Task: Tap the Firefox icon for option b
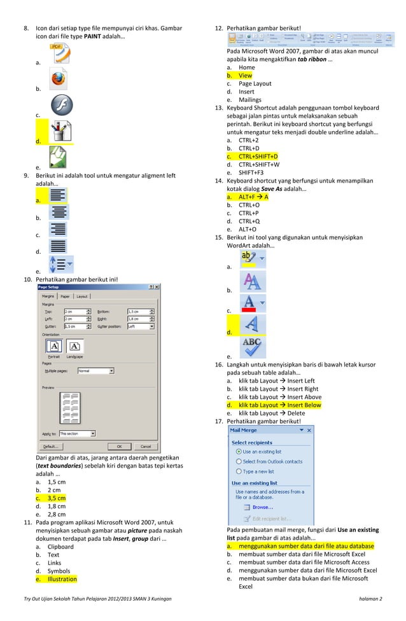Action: pyautogui.click(x=58, y=80)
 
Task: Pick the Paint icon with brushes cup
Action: pyautogui.click(x=60, y=132)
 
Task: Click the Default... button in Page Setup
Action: pyautogui.click(x=52, y=446)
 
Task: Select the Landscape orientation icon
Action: pyautogui.click(x=74, y=346)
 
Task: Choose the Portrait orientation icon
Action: pyautogui.click(x=54, y=346)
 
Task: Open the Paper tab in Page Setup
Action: pyautogui.click(x=66, y=297)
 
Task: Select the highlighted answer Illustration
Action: pyautogui.click(x=62, y=579)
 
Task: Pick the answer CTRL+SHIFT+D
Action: pyautogui.click(x=258, y=157)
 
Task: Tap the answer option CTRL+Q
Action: pyautogui.click(x=249, y=221)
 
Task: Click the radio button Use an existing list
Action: pyautogui.click(x=239, y=451)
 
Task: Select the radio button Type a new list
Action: pyautogui.click(x=239, y=471)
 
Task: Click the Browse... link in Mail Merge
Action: pyautogui.click(x=262, y=507)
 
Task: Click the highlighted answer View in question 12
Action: pyautogui.click(x=245, y=76)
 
